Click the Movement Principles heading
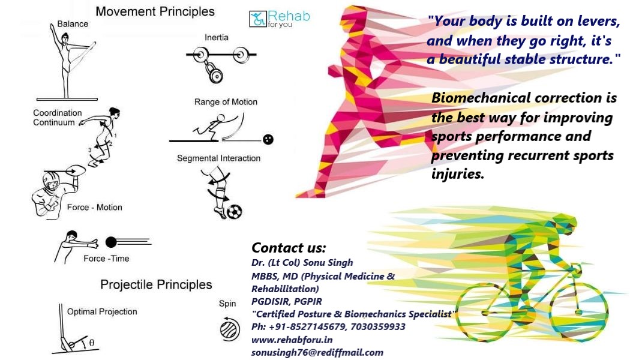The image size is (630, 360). click(x=155, y=11)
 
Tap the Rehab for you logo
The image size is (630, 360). click(x=280, y=19)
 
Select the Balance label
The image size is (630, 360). click(x=73, y=24)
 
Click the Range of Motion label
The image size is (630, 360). click(x=226, y=102)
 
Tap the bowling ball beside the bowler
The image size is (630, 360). click(x=268, y=140)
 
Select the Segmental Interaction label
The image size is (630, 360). click(x=218, y=158)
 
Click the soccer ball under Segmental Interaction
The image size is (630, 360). click(x=235, y=211)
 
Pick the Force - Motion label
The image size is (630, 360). click(x=94, y=208)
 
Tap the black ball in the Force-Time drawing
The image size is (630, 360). click(x=111, y=242)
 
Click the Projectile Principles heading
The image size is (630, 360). click(x=156, y=284)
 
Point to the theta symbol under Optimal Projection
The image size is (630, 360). click(x=92, y=343)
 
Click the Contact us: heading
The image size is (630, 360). click(x=289, y=248)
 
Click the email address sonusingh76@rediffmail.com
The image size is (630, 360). click(x=317, y=353)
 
